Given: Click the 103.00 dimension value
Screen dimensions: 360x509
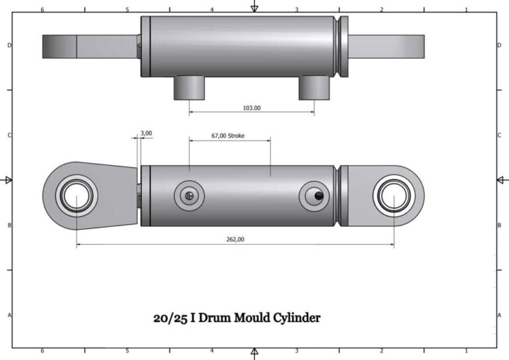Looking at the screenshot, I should [252, 107].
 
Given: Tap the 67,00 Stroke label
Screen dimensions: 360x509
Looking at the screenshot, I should [228, 135].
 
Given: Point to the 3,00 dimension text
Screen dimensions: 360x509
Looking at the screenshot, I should [146, 133].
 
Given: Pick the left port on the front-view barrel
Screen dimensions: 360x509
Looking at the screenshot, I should [188, 196].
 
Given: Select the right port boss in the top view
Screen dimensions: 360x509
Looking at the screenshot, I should [313, 88].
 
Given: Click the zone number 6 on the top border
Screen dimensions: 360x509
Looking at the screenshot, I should [42, 10].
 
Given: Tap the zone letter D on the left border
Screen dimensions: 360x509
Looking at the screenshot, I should [9, 45].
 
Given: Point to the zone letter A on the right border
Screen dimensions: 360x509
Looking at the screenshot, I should [499, 316].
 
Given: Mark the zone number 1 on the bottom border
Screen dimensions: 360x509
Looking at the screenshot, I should [466, 351].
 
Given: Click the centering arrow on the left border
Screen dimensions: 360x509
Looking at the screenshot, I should [8, 180].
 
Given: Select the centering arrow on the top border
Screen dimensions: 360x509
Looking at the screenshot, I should [254, 7].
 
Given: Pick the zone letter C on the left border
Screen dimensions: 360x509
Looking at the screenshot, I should [9, 135].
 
